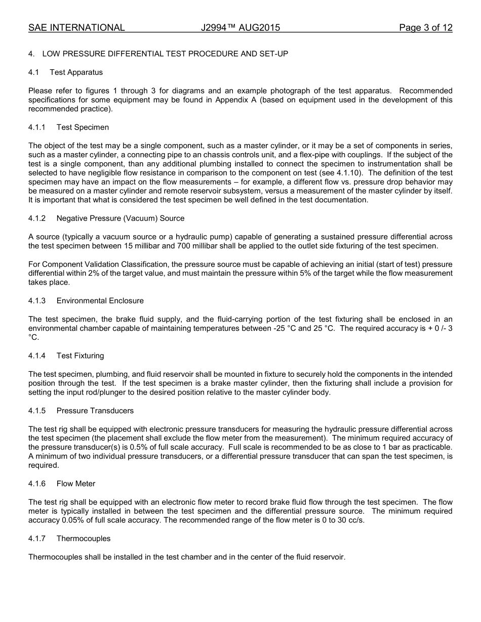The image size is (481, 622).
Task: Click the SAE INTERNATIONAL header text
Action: [76, 28]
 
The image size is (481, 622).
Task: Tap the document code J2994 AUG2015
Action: [240, 28]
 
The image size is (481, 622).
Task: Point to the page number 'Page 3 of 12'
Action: [425, 28]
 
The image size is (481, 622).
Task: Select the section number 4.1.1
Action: [37, 127]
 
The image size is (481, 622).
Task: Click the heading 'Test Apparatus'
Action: [76, 72]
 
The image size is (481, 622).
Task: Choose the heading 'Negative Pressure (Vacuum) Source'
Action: [121, 218]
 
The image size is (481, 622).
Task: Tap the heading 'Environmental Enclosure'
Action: [100, 301]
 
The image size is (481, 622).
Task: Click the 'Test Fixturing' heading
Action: [80, 356]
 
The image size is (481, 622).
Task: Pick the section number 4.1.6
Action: [37, 484]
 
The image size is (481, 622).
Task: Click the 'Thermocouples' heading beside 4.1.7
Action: [84, 539]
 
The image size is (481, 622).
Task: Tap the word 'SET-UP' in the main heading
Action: [273, 54]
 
